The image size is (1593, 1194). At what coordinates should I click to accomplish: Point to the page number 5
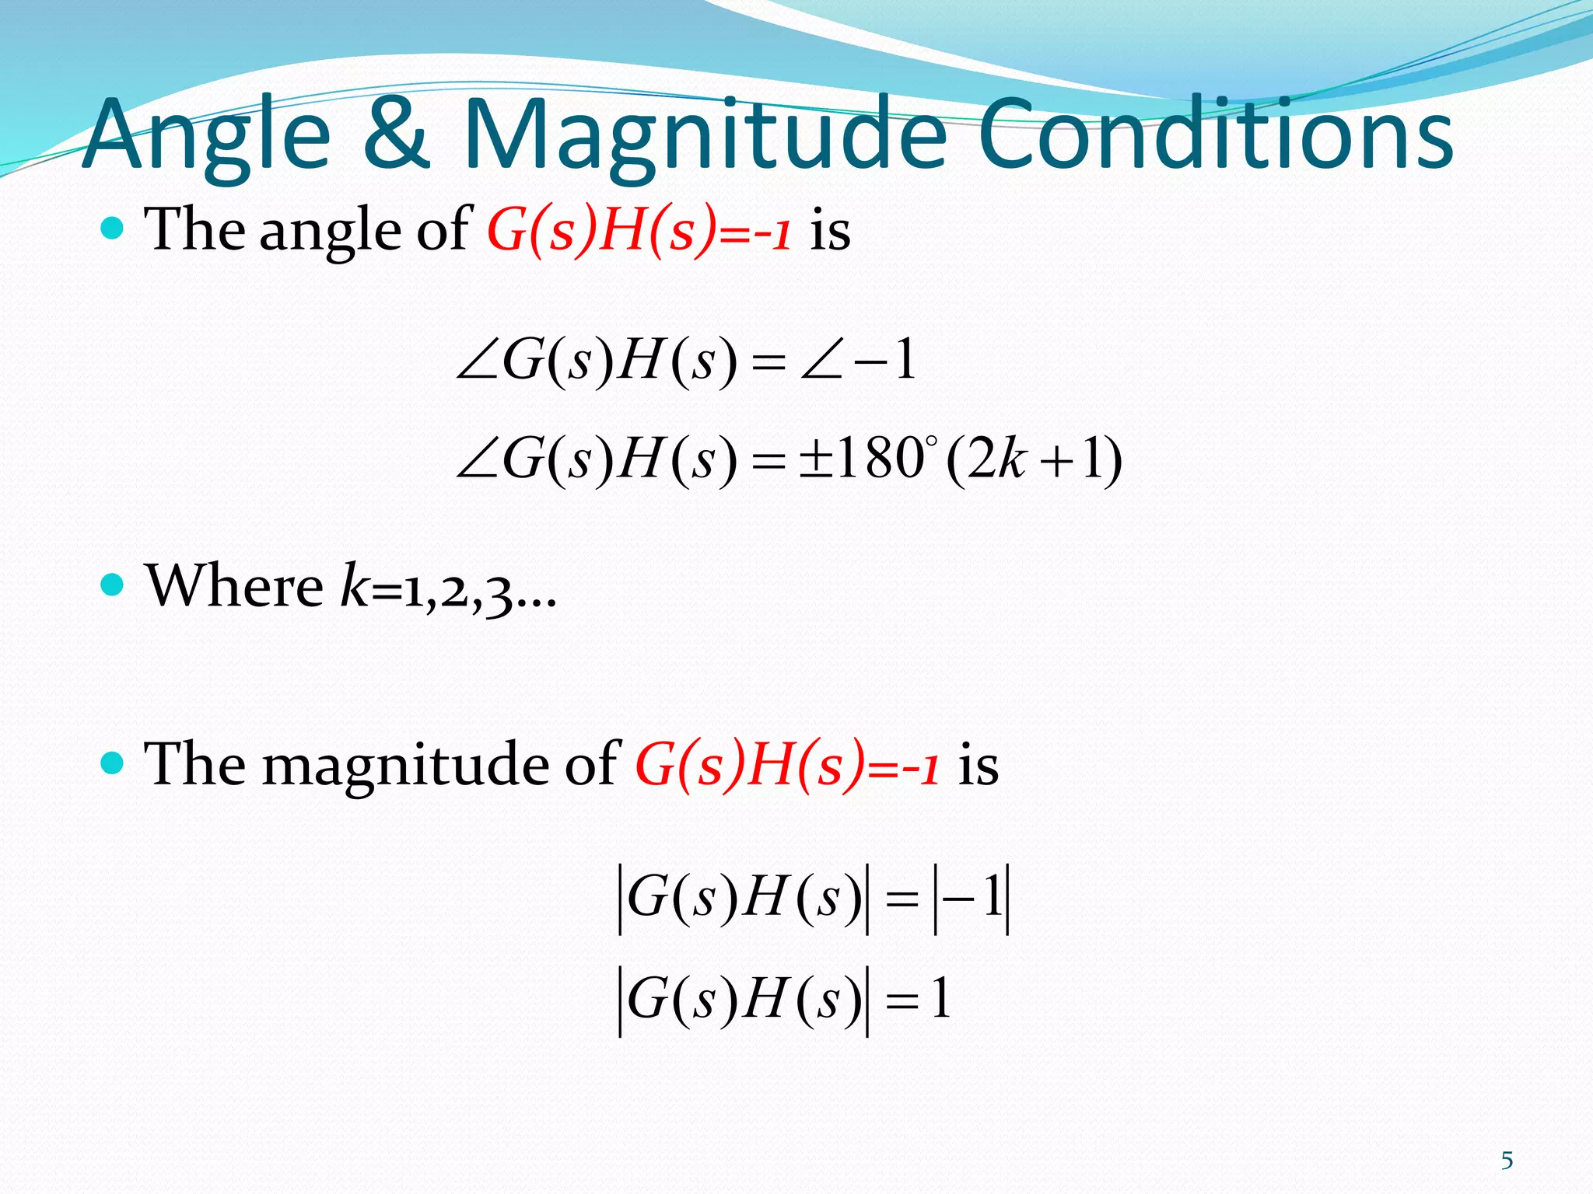pos(1507,1161)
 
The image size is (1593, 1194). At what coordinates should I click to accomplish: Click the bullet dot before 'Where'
pos(113,585)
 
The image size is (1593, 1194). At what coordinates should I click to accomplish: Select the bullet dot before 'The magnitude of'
pos(113,763)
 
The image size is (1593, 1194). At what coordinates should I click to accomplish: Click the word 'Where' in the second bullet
pos(234,585)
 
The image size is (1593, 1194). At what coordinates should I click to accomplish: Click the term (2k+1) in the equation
pos(1034,459)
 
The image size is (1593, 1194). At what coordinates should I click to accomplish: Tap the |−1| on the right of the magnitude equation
pos(972,899)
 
